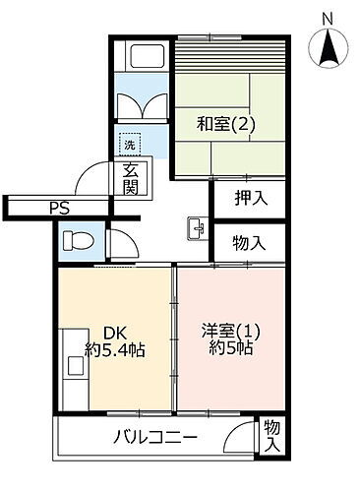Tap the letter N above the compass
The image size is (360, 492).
[x=328, y=17]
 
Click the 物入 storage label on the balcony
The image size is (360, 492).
[x=272, y=437]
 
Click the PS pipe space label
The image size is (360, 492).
[x=60, y=208]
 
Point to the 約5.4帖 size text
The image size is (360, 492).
[x=115, y=349]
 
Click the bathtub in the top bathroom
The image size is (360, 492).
[x=144, y=59]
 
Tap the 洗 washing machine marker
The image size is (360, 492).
[x=128, y=146]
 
